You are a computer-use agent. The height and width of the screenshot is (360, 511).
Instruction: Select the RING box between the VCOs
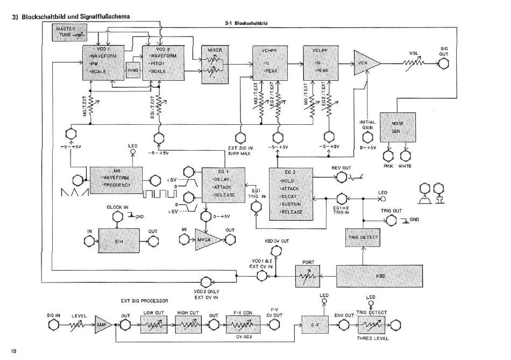[132, 70]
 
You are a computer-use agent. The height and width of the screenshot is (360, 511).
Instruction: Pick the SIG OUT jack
[444, 64]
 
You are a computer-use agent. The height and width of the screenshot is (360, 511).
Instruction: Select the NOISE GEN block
[397, 127]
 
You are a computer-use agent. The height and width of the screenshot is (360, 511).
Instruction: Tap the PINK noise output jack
[388, 156]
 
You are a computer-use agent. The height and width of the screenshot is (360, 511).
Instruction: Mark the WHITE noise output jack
[405, 156]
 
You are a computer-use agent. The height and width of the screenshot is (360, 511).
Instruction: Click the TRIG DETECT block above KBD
[362, 237]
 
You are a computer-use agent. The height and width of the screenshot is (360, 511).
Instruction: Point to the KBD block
[380, 276]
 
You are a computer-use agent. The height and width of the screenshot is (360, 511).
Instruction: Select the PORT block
[308, 276]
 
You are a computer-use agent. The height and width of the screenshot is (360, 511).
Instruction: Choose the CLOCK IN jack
[117, 217]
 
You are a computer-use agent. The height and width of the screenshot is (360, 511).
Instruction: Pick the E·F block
[315, 325]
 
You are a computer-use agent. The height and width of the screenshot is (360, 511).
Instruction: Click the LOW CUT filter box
[157, 324]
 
